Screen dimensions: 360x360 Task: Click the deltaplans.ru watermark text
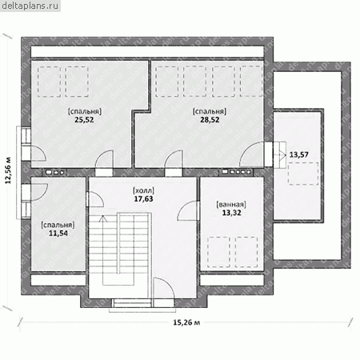point(30,6)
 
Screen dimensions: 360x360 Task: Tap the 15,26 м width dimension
point(186,322)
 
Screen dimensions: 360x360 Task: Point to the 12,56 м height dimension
point(8,170)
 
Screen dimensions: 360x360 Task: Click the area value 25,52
point(84,120)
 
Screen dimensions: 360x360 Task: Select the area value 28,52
point(210,120)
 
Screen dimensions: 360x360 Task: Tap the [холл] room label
point(143,190)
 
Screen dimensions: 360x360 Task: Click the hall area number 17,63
point(143,199)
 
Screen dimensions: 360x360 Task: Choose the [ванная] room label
point(231,205)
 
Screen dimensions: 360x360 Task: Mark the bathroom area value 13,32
point(231,213)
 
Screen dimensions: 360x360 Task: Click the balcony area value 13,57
point(298,154)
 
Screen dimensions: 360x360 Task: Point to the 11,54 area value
point(58,234)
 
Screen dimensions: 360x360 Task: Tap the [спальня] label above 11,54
point(58,225)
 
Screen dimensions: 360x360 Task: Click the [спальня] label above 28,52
point(210,111)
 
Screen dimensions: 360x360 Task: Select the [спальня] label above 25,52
point(85,111)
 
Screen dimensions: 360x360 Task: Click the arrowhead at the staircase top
point(103,218)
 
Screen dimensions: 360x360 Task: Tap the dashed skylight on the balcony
point(303,174)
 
